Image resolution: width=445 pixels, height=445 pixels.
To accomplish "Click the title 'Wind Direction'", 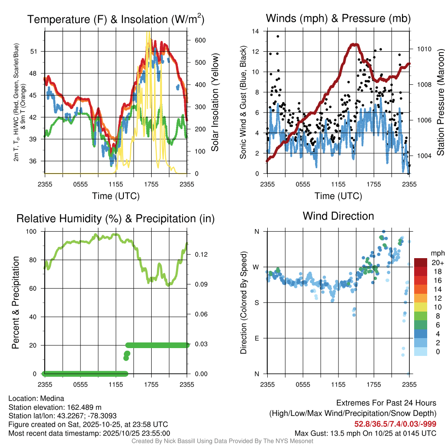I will tap(338, 216).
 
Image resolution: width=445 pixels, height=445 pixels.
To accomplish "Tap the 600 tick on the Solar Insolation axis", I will tap(200, 40).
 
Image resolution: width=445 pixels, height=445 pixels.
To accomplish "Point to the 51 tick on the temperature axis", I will tap(38, 51).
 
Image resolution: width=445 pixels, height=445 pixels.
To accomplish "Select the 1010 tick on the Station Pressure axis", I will tap(424, 49).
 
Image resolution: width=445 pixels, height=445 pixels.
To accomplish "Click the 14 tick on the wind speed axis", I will tap(256, 31).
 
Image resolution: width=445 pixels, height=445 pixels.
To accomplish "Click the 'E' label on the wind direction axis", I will tap(256, 338).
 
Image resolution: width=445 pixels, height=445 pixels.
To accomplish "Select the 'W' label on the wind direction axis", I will tap(256, 267).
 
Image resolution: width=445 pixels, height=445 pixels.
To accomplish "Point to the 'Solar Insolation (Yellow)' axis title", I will tap(215, 102).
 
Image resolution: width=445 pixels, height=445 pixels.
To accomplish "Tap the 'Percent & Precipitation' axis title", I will tap(16, 302).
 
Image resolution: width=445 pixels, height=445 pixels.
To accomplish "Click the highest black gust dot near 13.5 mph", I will tap(278, 37).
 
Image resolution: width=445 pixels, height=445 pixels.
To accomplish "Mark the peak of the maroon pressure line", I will tap(355, 44).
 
